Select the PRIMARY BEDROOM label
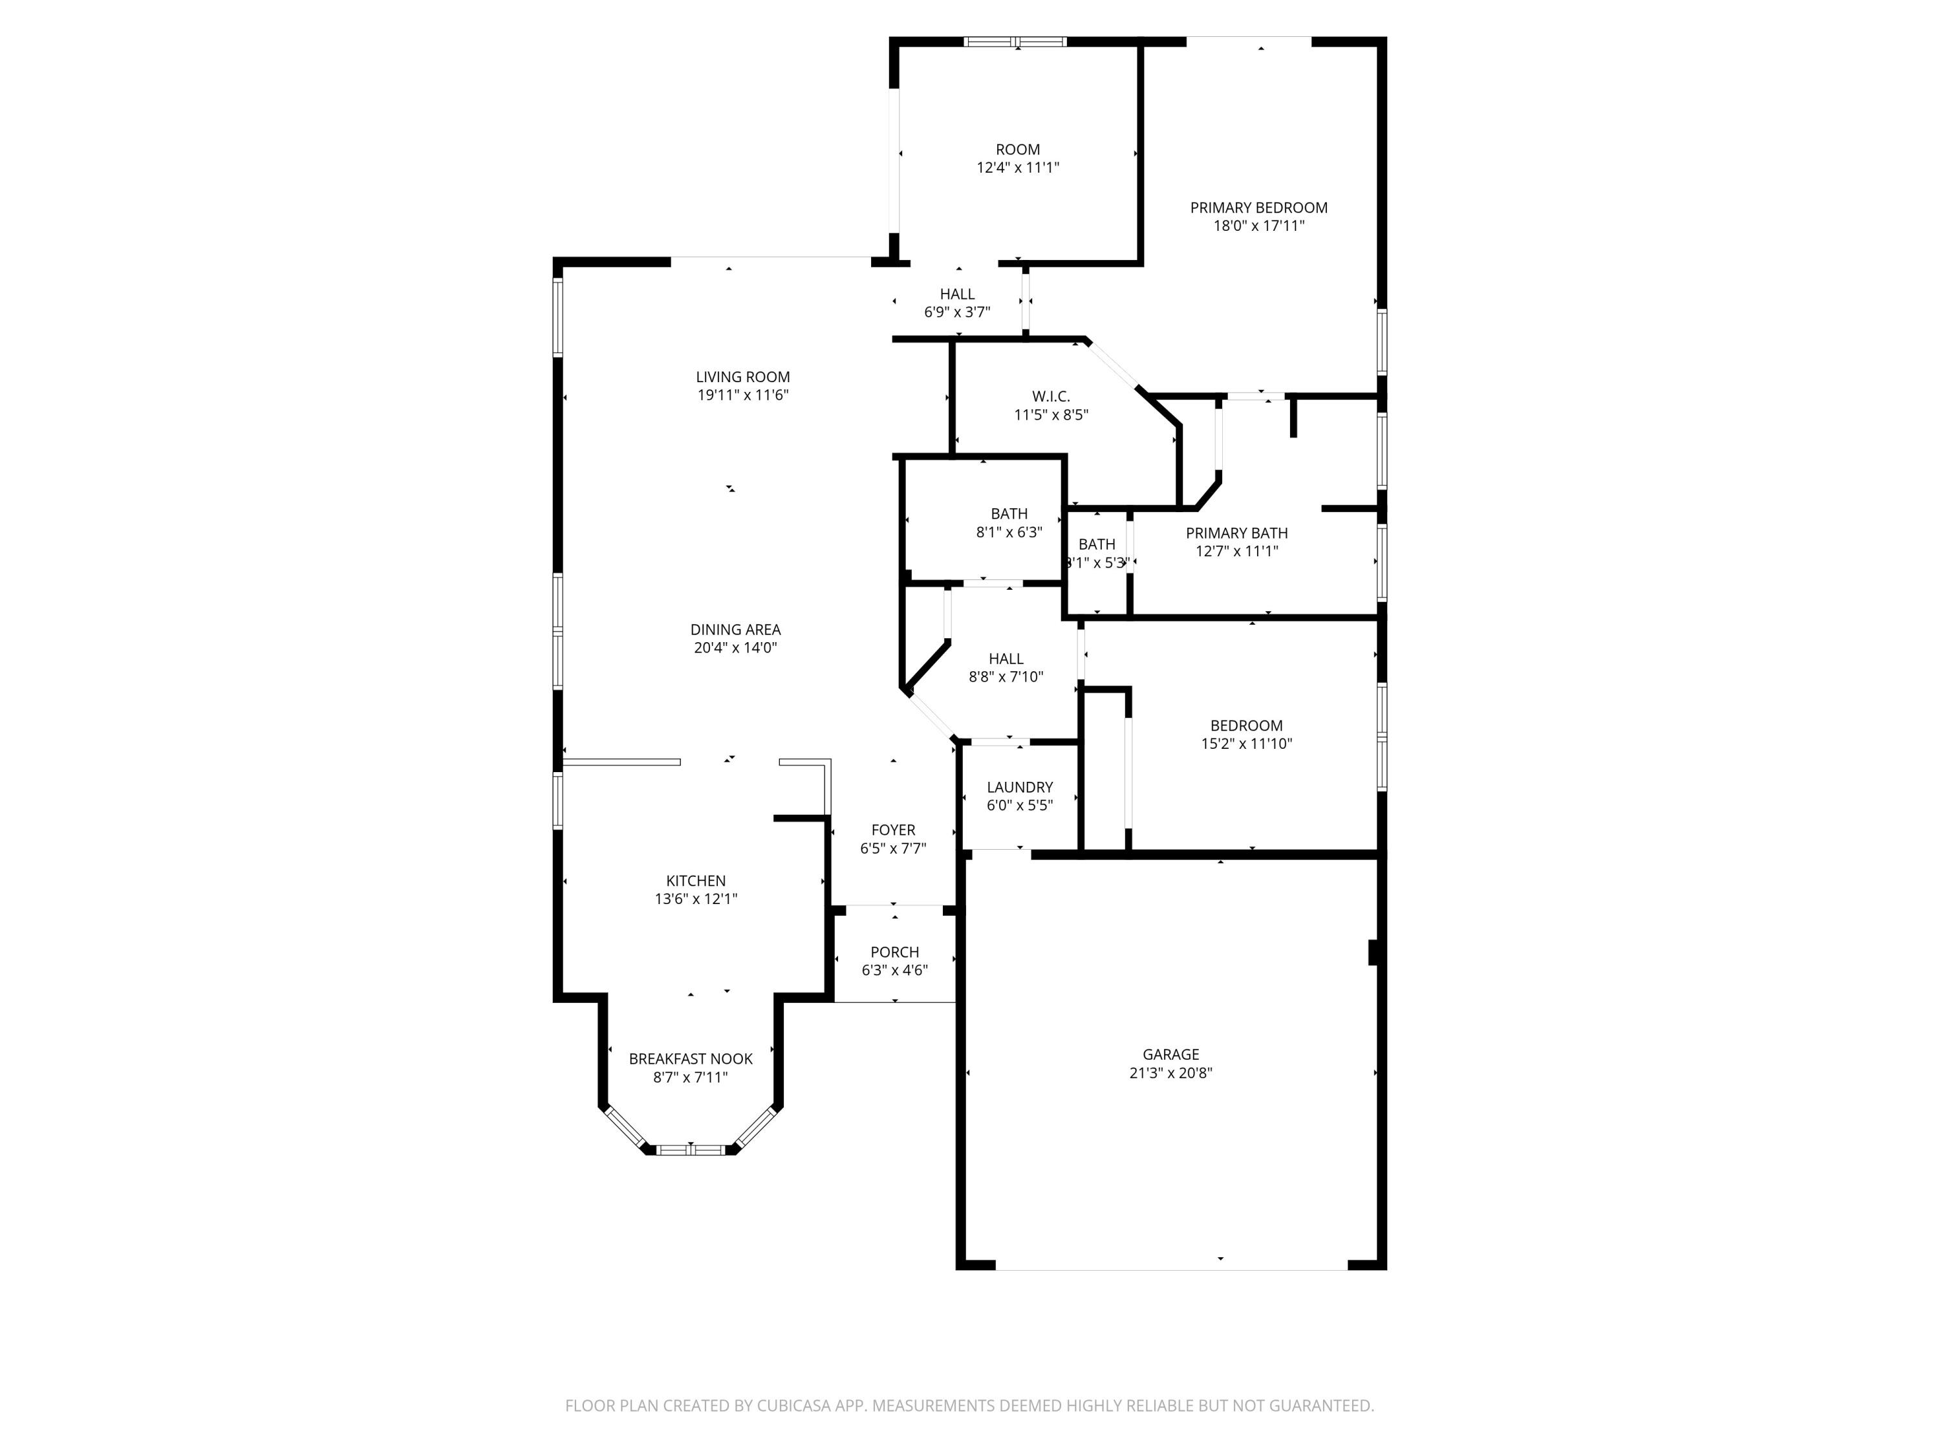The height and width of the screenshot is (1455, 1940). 1258,208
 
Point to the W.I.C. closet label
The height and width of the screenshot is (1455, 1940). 1051,396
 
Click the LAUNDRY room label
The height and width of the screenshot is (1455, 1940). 1019,788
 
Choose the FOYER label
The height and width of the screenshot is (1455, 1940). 893,830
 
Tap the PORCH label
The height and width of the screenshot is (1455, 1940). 894,952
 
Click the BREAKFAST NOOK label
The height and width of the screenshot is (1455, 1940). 690,1059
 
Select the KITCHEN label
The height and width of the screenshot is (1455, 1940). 695,881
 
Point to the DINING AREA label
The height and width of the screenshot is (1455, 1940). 735,630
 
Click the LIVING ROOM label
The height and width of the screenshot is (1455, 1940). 743,377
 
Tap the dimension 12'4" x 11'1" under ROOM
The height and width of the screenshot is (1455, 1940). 1017,167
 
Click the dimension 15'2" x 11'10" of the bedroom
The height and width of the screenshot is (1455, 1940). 1246,744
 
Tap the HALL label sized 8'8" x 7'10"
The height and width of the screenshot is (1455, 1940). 1006,659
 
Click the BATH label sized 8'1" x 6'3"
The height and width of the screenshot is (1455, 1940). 1009,514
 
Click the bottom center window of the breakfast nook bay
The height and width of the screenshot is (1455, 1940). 691,1149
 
